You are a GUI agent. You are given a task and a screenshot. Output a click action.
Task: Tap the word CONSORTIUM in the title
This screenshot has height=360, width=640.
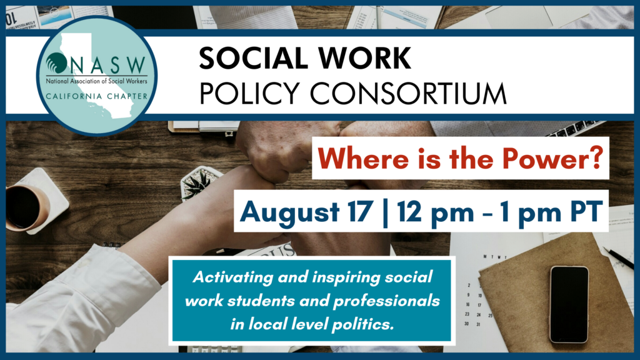click(408, 94)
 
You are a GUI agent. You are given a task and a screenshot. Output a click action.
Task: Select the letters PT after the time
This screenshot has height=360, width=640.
click(586, 211)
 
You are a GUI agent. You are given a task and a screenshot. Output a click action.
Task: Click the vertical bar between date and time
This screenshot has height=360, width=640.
click(384, 212)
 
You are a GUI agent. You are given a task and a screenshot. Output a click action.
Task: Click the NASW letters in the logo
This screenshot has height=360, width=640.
click(109, 65)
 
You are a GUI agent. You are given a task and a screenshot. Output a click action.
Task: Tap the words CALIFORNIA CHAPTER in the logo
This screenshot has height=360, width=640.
click(97, 96)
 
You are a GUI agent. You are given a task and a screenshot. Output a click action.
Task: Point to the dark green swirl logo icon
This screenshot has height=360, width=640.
click(56, 63)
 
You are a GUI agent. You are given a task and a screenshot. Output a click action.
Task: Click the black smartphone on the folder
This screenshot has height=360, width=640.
click(569, 304)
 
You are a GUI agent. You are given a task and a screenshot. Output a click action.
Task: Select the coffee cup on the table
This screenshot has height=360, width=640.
click(24, 207)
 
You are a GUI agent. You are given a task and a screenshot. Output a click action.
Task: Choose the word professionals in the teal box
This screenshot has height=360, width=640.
click(386, 301)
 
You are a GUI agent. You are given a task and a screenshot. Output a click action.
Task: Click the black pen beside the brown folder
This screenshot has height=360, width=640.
click(619, 257)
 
